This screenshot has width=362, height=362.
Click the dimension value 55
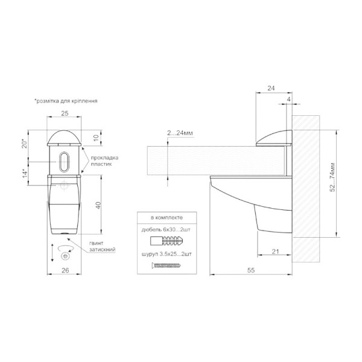click(251, 270)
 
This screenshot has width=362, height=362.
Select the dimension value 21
click(276, 252)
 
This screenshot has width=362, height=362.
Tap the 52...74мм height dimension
click(332, 177)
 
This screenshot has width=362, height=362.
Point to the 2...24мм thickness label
click(180, 133)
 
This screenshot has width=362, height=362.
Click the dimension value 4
click(288, 100)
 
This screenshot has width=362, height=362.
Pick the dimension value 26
click(65, 270)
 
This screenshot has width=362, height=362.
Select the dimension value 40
click(98, 205)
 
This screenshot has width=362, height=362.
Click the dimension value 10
click(96, 138)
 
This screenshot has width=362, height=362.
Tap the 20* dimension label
click(25, 144)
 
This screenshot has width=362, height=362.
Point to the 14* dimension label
click(25, 173)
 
